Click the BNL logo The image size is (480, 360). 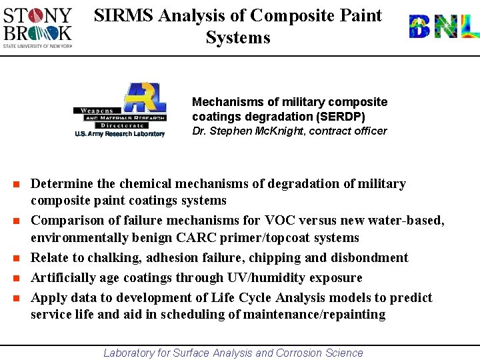443,27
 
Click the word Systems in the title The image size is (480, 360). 238,37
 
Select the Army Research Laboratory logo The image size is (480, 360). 120,110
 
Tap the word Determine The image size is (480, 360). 62,183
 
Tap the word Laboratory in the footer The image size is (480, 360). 129,353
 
